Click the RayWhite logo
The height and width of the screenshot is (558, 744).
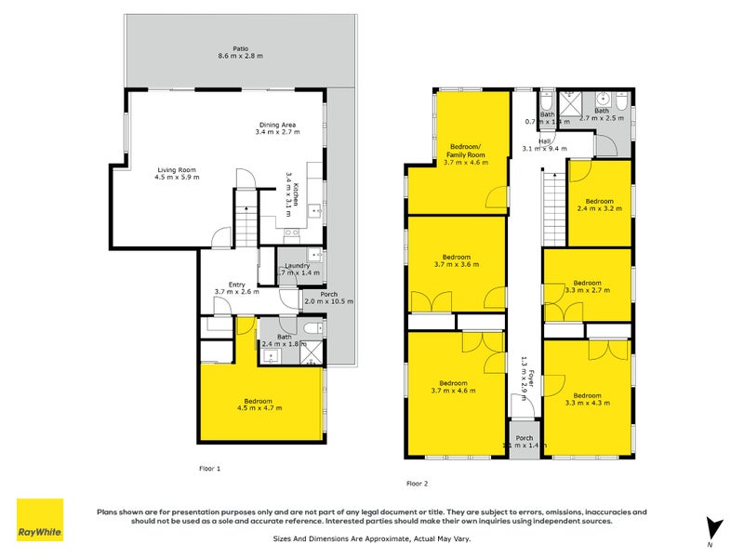tap(40, 520)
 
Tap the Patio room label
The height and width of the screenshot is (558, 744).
tap(240, 52)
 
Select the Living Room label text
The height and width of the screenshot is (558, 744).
tap(178, 173)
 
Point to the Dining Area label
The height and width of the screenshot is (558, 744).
tap(277, 128)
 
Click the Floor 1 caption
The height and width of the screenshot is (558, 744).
tap(210, 468)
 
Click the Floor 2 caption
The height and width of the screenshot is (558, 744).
tap(418, 483)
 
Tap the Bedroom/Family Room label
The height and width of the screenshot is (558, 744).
tap(467, 153)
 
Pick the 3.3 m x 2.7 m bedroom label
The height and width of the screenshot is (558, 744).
tap(588, 286)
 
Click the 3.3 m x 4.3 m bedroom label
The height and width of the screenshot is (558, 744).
tap(588, 400)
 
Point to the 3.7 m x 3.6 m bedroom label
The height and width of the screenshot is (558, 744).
tap(457, 260)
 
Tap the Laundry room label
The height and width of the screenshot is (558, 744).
tap(299, 270)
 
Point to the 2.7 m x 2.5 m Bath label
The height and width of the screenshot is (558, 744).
tap(605, 114)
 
